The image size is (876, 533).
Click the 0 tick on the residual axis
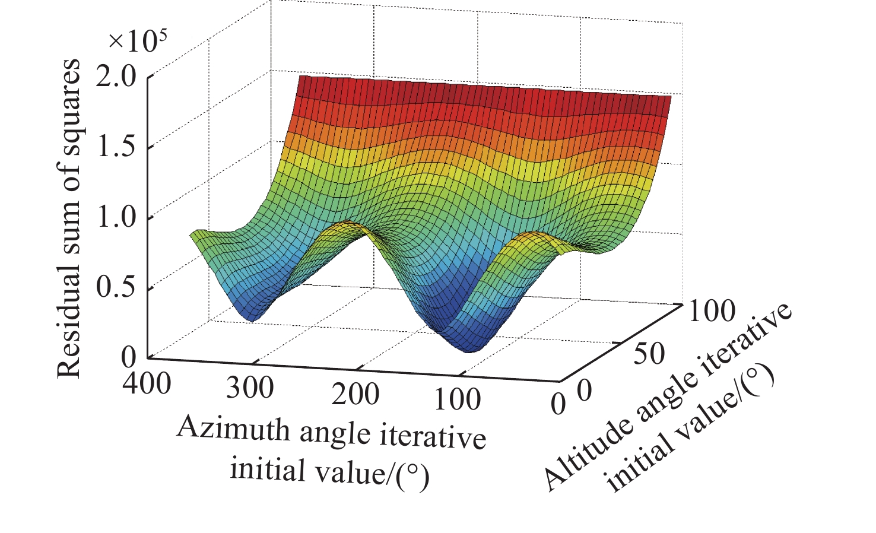coord(129,357)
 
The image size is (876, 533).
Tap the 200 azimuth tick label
coord(355,394)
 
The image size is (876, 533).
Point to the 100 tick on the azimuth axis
coord(457,400)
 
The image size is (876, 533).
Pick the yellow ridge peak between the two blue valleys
coord(350,227)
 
